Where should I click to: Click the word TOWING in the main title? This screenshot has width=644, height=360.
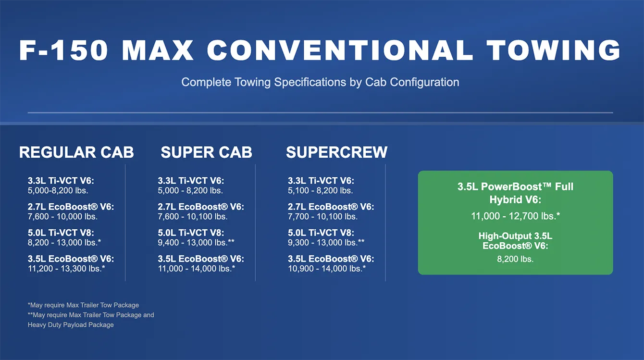coord(554,50)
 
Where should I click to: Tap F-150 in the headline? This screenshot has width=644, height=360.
coord(64,50)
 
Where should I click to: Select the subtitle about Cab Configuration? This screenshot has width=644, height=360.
coord(320,82)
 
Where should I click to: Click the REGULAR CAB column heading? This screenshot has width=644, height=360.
coord(76,152)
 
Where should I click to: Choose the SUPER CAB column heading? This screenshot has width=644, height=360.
coord(207,152)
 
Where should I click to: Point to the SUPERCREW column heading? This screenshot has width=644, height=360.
coord(337,152)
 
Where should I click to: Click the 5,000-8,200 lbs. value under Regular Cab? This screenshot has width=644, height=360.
coord(58,191)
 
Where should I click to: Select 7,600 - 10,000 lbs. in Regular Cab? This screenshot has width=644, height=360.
coord(62,216)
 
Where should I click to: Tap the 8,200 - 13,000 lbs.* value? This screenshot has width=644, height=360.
coord(64,242)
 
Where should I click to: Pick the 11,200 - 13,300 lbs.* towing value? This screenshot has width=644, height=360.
coord(66,269)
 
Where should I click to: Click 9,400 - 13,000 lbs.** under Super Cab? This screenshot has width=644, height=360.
coord(196,242)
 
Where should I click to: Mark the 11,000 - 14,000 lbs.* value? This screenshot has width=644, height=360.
coord(197,269)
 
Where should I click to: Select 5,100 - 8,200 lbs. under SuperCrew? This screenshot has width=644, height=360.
coord(320,191)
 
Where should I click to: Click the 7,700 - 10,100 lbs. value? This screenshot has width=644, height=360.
coord(322,216)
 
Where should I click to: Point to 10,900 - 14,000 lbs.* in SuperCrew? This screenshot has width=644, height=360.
coord(327,269)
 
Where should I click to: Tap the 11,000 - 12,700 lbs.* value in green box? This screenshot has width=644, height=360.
coord(516,216)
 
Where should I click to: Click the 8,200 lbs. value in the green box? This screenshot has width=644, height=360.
coord(515,259)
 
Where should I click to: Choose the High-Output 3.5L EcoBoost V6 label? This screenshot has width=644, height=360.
coord(515,241)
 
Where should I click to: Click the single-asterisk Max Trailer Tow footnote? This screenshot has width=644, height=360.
coord(83,305)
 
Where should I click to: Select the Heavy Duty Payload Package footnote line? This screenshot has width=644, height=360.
coord(71,325)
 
